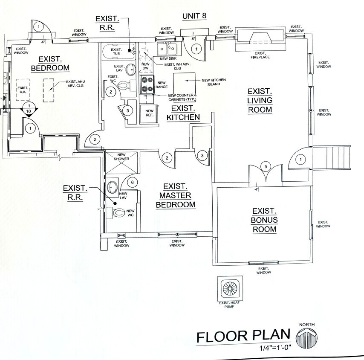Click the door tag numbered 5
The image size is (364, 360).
(x=265, y=166)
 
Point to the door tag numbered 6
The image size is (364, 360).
(x=132, y=182)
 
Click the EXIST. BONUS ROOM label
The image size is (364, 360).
(x=265, y=220)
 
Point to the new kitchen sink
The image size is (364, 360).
(x=167, y=49)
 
